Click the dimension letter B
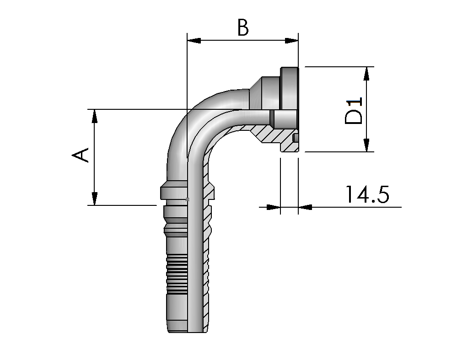click(242, 27)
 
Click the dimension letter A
click(81, 155)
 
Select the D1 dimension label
click(353, 110)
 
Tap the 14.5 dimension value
click(367, 194)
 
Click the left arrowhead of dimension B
click(194, 41)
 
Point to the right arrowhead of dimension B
click(291, 41)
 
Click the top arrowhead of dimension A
click(94, 116)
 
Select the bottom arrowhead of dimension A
click(94, 199)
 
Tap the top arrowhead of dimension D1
click(366, 74)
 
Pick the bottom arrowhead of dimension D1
click(366, 145)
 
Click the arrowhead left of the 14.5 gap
click(274, 207)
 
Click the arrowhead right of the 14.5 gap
click(305, 207)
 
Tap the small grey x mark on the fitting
click(188, 199)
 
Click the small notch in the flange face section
click(296, 138)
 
